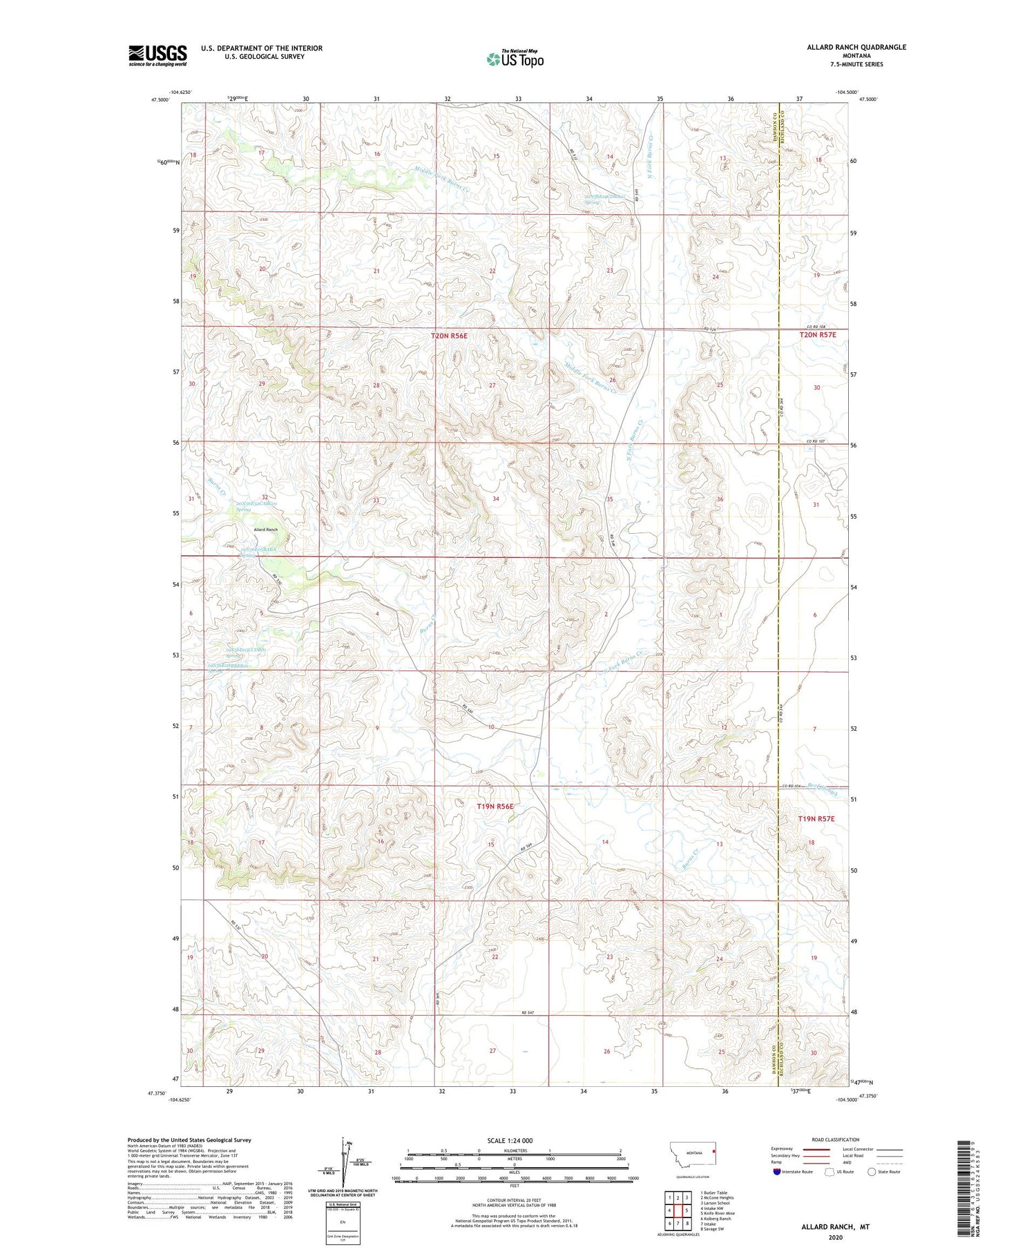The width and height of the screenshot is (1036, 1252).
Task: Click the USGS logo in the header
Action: [157, 55]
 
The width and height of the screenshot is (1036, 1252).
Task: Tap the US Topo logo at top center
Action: [515, 59]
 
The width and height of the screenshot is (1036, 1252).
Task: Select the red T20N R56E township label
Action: [449, 336]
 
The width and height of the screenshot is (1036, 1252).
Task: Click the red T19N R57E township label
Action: [816, 819]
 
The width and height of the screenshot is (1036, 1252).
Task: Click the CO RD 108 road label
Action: [816, 327]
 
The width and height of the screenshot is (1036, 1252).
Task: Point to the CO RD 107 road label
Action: [816, 441]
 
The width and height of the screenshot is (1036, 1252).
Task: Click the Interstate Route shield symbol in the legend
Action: [777, 1172]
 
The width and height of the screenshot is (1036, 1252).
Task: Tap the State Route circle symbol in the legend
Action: [872, 1172]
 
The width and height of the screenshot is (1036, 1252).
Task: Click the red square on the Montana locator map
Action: [714, 1151]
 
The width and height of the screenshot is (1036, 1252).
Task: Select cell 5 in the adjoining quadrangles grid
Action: [687, 1210]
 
